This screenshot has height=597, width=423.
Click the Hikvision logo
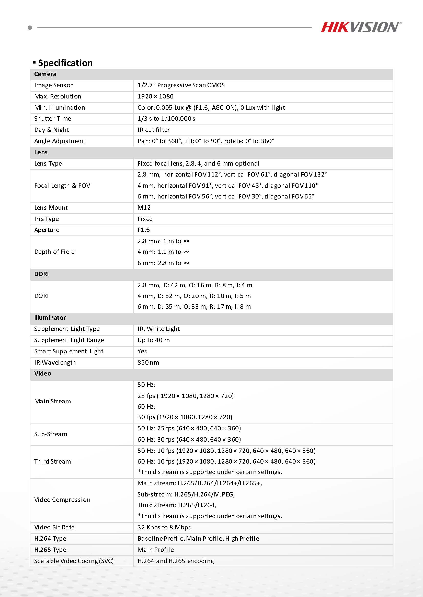361,27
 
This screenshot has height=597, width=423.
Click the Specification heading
65,63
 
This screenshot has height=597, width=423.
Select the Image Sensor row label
53,85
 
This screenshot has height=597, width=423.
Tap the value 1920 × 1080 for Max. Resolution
155,96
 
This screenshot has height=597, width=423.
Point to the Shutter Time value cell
166,119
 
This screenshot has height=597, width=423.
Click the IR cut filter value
154,130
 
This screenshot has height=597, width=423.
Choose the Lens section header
41,152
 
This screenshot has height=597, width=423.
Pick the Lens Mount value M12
144,208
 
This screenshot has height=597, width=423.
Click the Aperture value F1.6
144,230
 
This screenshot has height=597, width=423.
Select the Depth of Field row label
54,252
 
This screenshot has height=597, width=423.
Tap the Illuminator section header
50,317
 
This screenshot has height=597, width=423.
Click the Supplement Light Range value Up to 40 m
154,340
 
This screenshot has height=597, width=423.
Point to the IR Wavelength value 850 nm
148,363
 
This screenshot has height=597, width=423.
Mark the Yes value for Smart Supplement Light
142,351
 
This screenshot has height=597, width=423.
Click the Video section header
43,374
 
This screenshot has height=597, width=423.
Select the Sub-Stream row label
51,434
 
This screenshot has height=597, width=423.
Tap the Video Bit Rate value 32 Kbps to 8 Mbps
164,527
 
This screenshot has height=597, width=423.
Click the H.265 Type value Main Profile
155,550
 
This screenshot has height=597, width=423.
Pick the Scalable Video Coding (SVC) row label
74,561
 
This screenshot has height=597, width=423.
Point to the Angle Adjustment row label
60,141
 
